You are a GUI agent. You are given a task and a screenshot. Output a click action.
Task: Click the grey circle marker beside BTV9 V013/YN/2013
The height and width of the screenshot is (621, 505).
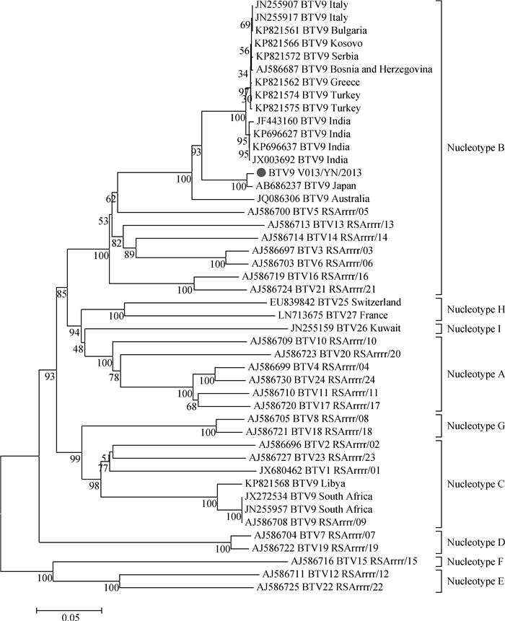261,173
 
